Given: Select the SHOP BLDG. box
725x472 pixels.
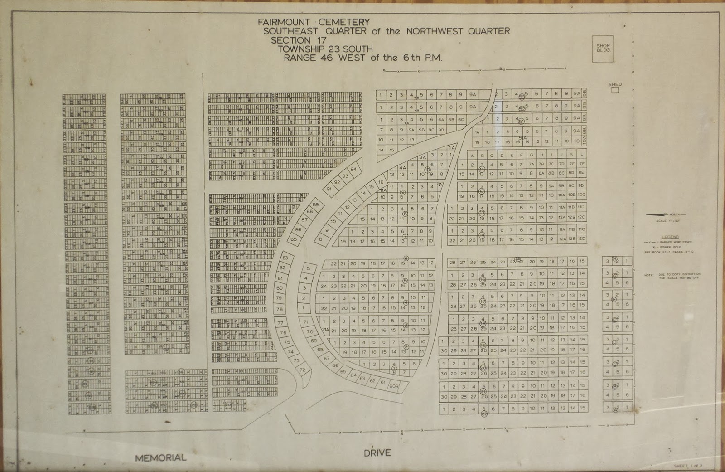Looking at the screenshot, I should tap(603, 48).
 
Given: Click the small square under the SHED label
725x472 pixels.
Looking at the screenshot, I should tap(615, 90).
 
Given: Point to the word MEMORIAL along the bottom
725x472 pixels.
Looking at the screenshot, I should tap(161, 457).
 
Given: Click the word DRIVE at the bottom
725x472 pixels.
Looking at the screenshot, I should tap(377, 453).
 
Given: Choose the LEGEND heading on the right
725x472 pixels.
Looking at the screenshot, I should tap(670, 237).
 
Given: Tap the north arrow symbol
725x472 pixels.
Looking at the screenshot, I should tap(666, 214).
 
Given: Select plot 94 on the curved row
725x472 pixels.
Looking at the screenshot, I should tap(353, 169).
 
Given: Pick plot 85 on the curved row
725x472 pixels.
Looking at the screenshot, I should tap(294, 239).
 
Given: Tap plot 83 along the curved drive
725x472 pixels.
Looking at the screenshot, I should tap(285, 258).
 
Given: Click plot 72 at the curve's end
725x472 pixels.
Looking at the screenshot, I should tap(303, 370).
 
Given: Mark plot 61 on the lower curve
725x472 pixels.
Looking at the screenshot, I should tap(383, 382).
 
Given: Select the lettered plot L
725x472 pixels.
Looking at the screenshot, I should tap(581, 155).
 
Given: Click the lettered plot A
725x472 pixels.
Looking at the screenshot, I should tap(472, 155).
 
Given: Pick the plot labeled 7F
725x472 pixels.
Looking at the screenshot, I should tap(582, 164).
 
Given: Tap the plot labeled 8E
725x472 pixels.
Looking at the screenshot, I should tap(581, 173).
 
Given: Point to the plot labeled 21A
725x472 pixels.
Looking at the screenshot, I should tap(324, 330).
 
